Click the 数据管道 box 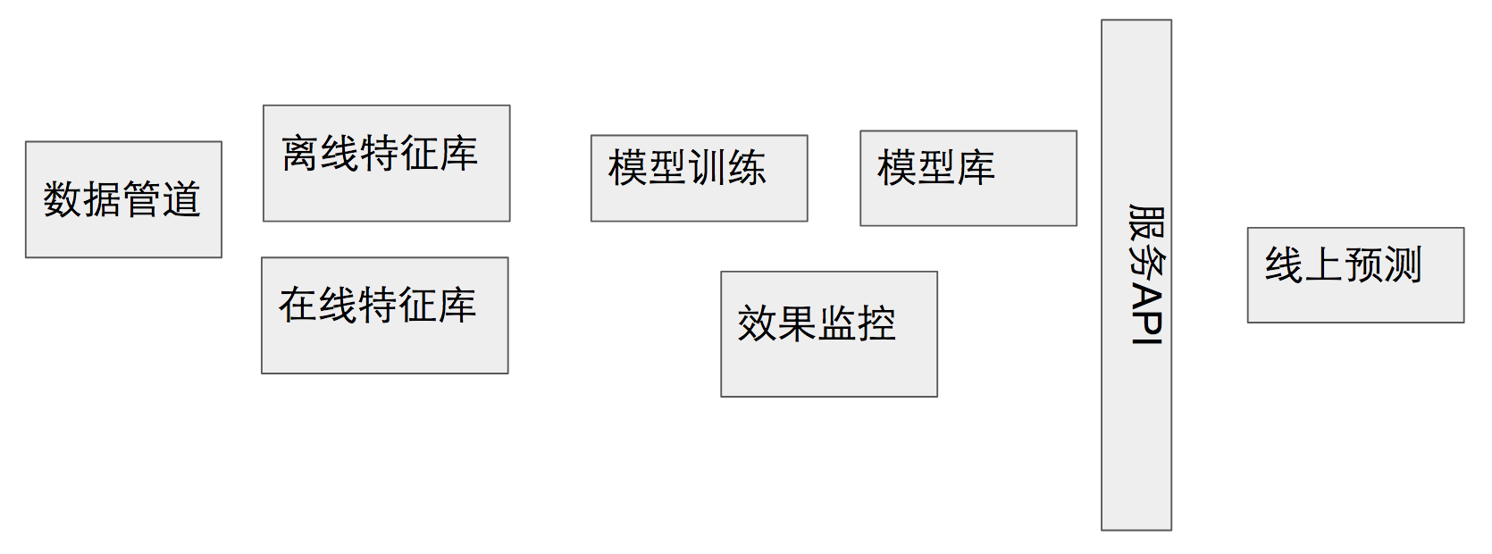123,199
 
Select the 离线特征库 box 386,164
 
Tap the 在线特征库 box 384,315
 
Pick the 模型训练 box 699,179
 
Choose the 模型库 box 968,179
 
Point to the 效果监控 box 828,334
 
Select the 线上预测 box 1354,275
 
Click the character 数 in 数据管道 63,199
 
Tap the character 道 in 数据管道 181,199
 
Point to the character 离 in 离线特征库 300,154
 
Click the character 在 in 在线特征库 298,306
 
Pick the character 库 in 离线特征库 458,154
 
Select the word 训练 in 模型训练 726,168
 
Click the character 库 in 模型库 976,168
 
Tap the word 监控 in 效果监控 856,323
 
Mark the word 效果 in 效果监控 776,323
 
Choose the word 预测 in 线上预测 1382,265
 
